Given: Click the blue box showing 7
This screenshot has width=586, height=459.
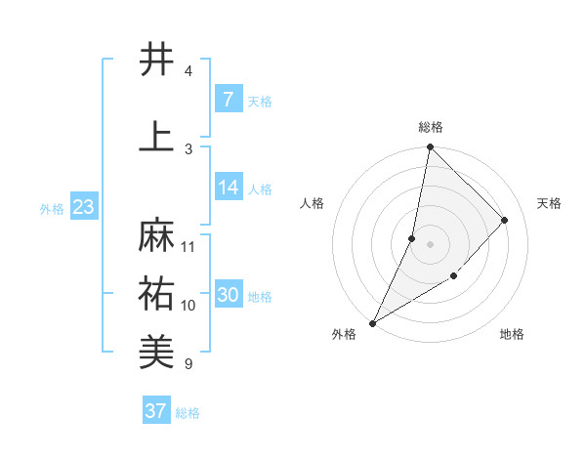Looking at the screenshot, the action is coord(228,100).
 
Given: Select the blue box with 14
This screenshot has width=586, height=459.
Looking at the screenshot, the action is coord(229,188).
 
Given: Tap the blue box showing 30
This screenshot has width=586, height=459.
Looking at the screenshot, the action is coord(229,295).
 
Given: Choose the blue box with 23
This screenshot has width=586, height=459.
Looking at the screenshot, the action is coord(84,207).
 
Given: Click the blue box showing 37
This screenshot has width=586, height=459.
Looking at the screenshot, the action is coord(156,411).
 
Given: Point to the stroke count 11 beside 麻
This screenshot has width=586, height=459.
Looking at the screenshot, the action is coord(188,246).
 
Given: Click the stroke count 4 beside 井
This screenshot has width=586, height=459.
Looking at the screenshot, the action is coord(188,70).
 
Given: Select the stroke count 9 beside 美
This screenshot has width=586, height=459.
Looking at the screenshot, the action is coord(188,363).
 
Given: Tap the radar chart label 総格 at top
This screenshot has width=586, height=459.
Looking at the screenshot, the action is coord(430,127).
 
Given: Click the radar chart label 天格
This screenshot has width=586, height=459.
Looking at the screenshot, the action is coord(549,203).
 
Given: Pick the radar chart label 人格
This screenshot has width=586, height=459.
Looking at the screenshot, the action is coord(313,203).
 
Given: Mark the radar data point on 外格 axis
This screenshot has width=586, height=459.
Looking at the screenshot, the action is coord(372,322).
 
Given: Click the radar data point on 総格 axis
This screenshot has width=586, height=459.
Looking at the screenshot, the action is coord(430,146).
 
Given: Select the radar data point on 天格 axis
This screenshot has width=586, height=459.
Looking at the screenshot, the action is coord(505,220).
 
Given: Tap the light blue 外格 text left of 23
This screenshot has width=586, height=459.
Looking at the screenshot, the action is coord(52,208).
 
